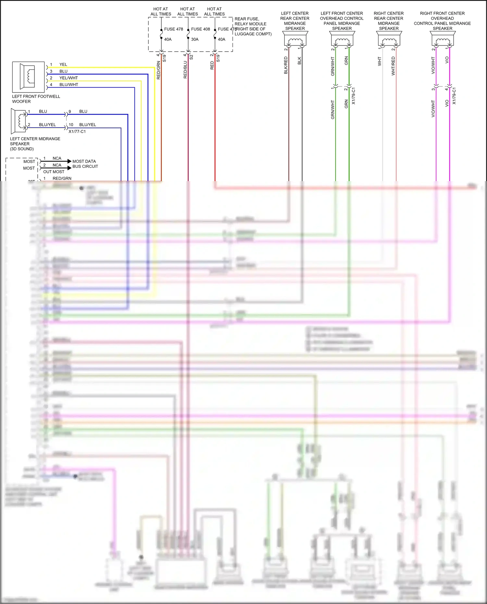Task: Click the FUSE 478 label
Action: pyautogui.click(x=173, y=29)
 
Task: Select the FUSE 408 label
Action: pyautogui.click(x=200, y=29)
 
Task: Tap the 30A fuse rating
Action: pyautogui.click(x=195, y=39)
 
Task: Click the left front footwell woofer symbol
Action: pyautogui.click(x=28, y=77)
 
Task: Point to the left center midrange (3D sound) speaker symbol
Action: pyautogui.click(x=19, y=121)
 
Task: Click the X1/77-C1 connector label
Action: pyautogui.click(x=77, y=131)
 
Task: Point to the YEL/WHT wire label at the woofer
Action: pyautogui.click(x=69, y=78)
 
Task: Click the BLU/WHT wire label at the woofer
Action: pyautogui.click(x=69, y=85)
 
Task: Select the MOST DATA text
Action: pyautogui.click(x=84, y=161)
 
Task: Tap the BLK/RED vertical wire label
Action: pyautogui.click(x=286, y=65)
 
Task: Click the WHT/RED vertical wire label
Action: pyautogui.click(x=393, y=66)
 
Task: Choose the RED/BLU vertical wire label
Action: pyautogui.click(x=185, y=70)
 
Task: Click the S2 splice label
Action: pyautogui.click(x=192, y=57)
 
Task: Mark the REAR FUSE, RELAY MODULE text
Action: pyautogui.click(x=250, y=21)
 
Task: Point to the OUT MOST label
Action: pyautogui.click(x=54, y=172)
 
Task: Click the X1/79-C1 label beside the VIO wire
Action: pyautogui.click(x=454, y=96)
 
